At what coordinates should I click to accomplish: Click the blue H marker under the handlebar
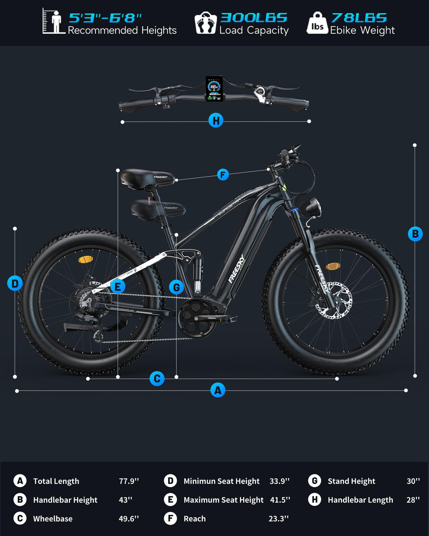[216, 121]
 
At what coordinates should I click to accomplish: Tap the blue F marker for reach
[223, 175]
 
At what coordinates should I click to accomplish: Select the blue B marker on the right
[415, 234]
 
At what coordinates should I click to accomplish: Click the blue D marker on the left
[15, 283]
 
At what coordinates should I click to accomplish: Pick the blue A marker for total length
[218, 390]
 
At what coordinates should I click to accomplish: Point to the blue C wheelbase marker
[157, 378]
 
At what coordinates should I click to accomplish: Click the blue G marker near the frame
[176, 287]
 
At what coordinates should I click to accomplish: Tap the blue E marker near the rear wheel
[118, 286]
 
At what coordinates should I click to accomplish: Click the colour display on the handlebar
[214, 88]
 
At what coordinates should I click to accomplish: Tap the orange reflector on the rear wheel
[85, 259]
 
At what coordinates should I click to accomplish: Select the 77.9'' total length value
[129, 481]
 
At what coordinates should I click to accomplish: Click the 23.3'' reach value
[278, 518]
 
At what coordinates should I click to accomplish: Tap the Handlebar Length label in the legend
[360, 500]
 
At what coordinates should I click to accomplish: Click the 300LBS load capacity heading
[253, 18]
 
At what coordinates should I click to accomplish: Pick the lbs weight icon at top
[317, 24]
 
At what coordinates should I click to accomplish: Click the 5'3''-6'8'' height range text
[105, 18]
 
